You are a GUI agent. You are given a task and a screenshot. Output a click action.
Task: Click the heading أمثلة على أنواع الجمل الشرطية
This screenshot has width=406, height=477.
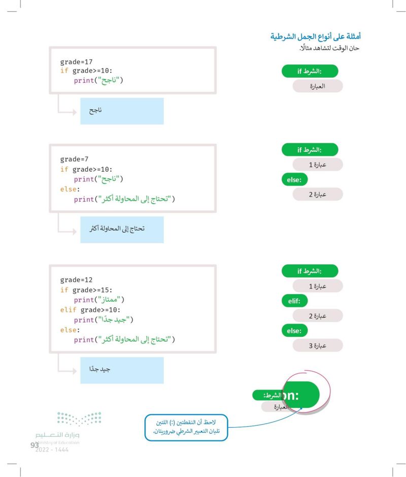point(316,37)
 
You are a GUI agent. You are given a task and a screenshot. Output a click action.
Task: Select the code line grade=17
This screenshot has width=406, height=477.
point(76,62)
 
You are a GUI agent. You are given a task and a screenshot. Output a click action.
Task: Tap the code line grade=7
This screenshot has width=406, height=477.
point(74,159)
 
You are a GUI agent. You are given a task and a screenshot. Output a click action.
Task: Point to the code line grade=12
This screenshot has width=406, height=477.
point(76,279)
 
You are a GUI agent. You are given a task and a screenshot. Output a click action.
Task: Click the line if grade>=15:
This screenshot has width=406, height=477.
point(86,290)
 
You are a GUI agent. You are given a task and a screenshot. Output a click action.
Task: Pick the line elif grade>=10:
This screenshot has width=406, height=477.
point(90,310)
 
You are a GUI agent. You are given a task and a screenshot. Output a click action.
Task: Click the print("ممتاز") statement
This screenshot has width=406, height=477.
point(99,300)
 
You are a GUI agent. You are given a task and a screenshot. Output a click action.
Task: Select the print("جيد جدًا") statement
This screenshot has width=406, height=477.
point(104,320)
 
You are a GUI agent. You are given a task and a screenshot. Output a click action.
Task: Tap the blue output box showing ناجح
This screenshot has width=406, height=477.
point(122,111)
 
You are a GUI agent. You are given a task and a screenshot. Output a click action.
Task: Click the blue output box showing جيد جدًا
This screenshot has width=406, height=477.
point(122,370)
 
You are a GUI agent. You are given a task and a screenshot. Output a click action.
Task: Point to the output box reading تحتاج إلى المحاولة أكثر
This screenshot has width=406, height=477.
point(122,230)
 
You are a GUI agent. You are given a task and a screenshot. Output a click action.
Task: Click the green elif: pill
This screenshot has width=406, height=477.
point(294,301)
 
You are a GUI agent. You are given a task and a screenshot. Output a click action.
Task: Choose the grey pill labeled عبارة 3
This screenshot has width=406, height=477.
point(318,345)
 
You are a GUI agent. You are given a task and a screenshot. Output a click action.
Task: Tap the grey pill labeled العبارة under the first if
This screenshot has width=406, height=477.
point(318,86)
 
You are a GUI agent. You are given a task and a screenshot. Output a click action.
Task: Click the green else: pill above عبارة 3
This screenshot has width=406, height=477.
point(294,331)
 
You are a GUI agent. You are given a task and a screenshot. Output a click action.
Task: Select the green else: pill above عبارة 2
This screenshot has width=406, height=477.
point(294,179)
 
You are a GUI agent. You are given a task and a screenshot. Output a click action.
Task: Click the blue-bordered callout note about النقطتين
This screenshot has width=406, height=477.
point(186,427)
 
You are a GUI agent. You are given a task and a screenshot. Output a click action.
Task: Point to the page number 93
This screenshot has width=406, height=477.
point(35,445)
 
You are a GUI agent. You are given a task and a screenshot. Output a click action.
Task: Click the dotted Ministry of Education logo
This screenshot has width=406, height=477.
point(79,419)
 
